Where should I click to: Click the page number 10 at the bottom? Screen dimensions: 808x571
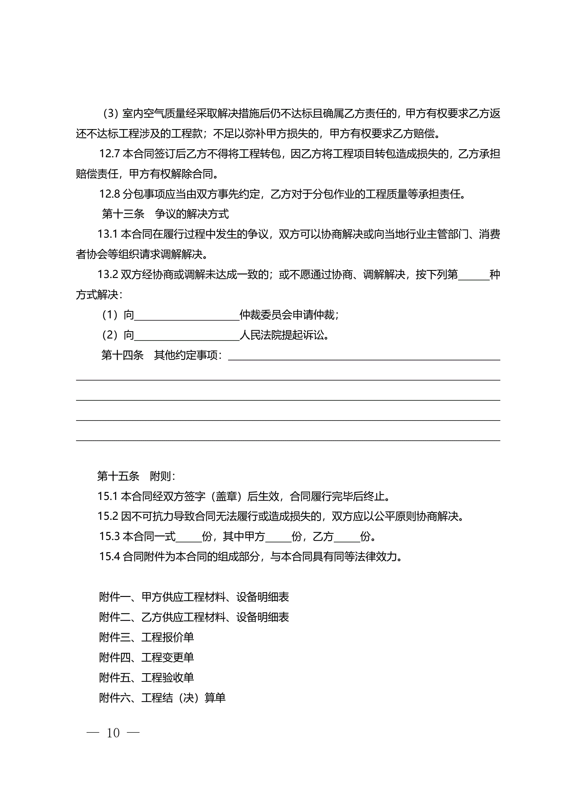point(113,733)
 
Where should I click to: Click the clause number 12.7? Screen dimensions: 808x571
point(109,154)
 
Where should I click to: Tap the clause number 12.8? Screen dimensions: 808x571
point(109,194)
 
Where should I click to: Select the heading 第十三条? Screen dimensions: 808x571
point(123,214)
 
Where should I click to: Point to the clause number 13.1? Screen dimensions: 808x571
point(107,234)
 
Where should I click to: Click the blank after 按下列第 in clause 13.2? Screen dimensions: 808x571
point(474,275)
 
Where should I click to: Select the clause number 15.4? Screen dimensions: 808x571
point(109,557)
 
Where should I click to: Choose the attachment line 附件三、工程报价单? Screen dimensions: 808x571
point(146,637)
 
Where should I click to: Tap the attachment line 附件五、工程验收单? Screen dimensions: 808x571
point(146,677)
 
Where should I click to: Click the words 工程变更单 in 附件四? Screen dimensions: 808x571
point(167,657)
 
